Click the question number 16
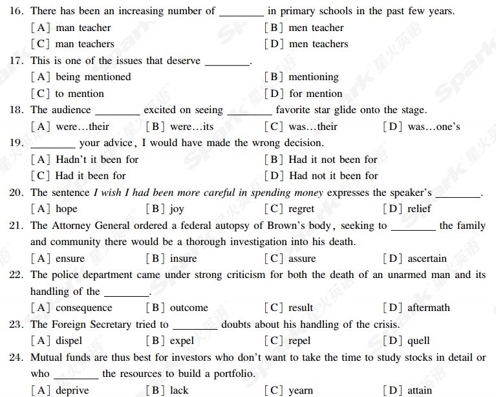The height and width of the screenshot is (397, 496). point(17,11)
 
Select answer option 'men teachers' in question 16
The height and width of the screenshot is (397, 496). point(318,44)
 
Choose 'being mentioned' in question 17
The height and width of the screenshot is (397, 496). point(93,77)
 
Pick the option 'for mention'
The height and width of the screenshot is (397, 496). point(316,94)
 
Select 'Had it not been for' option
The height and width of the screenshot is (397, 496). point(333,159)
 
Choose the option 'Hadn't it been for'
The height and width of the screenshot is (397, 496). point(97,159)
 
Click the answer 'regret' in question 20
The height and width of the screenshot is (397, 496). point(301,209)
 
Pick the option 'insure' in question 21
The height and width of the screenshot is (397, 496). point(183,259)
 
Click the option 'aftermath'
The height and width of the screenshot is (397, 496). point(428,308)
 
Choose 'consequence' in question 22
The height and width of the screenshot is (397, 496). point(83,308)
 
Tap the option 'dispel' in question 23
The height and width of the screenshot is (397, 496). point(69,341)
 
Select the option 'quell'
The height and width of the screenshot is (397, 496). point(418,341)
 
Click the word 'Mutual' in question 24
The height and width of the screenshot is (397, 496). point(48,358)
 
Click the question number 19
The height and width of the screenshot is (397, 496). point(17,143)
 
